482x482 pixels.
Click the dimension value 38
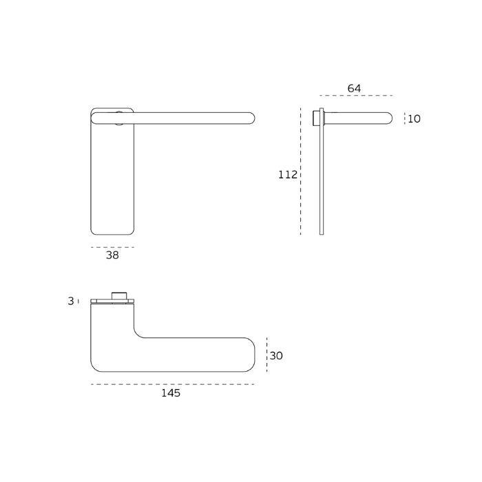pyautogui.click(x=112, y=255)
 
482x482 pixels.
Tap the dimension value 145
pyautogui.click(x=171, y=393)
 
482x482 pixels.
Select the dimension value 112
pyautogui.click(x=287, y=175)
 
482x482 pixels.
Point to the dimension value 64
pyautogui.click(x=354, y=88)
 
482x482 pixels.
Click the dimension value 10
pyautogui.click(x=414, y=119)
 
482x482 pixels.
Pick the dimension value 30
pyautogui.click(x=276, y=356)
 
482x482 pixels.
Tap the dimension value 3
pyautogui.click(x=70, y=301)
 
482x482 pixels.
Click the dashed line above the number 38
pyautogui.click(x=112, y=247)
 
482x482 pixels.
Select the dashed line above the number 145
pyautogui.click(x=172, y=384)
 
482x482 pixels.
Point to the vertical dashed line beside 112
pyautogui.click(x=301, y=172)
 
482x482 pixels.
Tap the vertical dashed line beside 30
pyautogui.click(x=266, y=356)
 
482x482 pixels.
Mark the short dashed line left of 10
pyautogui.click(x=404, y=118)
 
